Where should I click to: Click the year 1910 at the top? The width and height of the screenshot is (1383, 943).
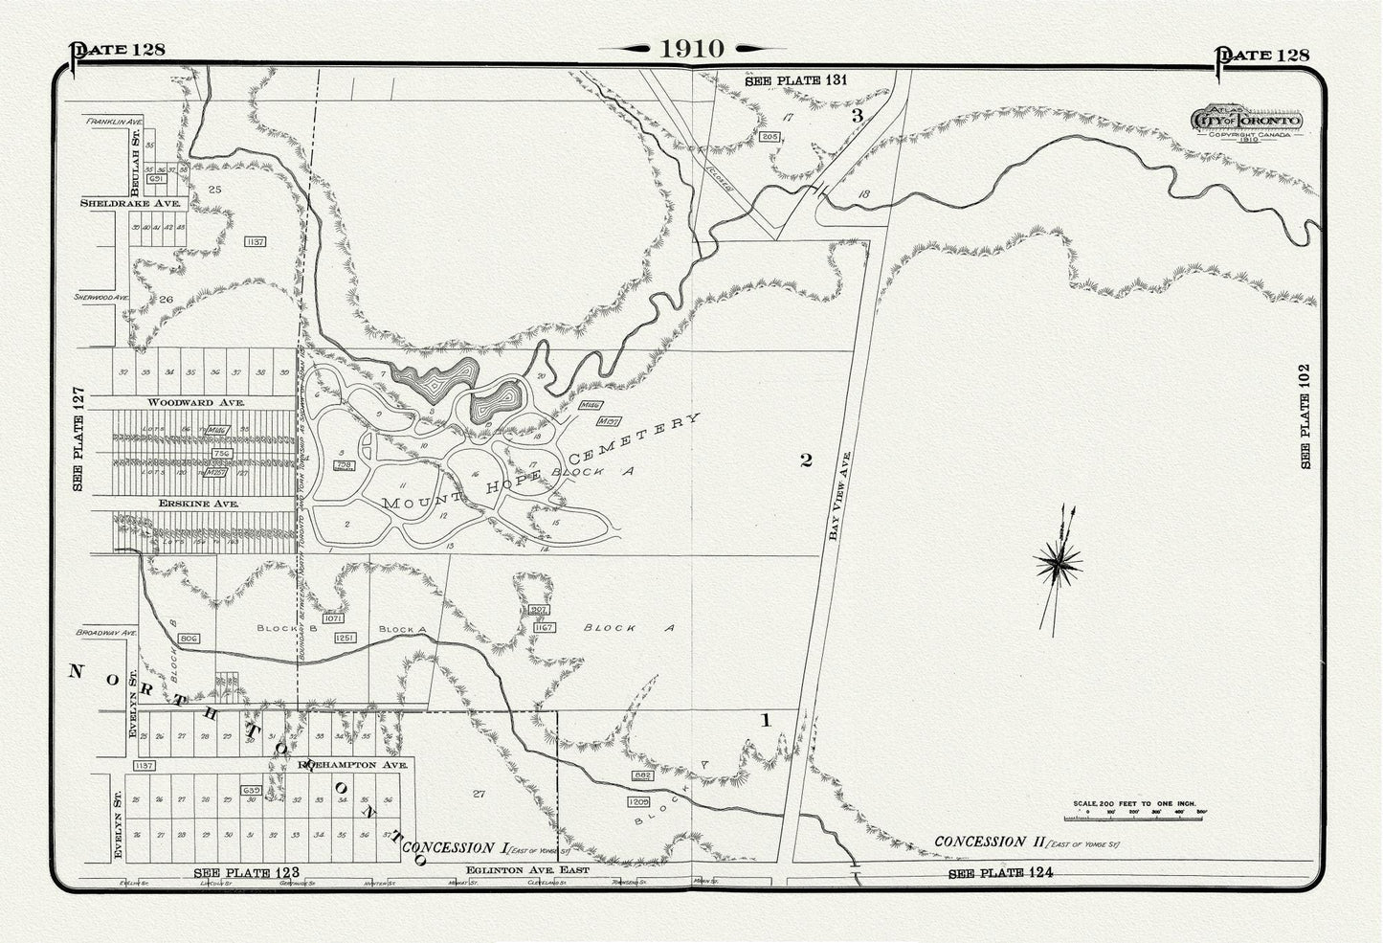tap(691, 50)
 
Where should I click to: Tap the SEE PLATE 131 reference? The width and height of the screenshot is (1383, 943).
tap(796, 81)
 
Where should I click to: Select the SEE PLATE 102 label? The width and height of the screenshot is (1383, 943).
tap(1305, 415)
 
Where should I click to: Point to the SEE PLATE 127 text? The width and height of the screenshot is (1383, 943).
tap(79, 439)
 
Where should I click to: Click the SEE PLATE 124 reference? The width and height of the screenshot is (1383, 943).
tap(1000, 873)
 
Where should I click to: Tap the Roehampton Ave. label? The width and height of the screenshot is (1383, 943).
tap(354, 766)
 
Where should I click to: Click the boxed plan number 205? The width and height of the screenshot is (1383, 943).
tap(769, 138)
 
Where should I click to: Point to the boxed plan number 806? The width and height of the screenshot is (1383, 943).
tap(188, 637)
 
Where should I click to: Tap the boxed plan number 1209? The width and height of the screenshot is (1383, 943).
tap(639, 799)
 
